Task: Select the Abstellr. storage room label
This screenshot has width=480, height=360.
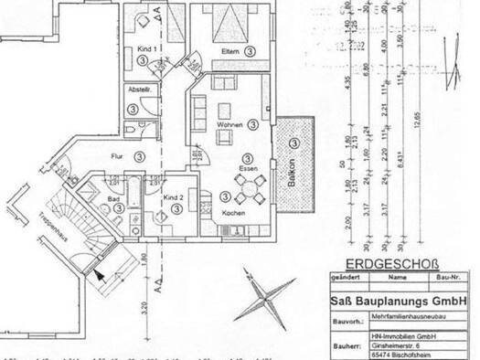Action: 140,90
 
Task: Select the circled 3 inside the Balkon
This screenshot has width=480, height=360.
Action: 293,143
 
